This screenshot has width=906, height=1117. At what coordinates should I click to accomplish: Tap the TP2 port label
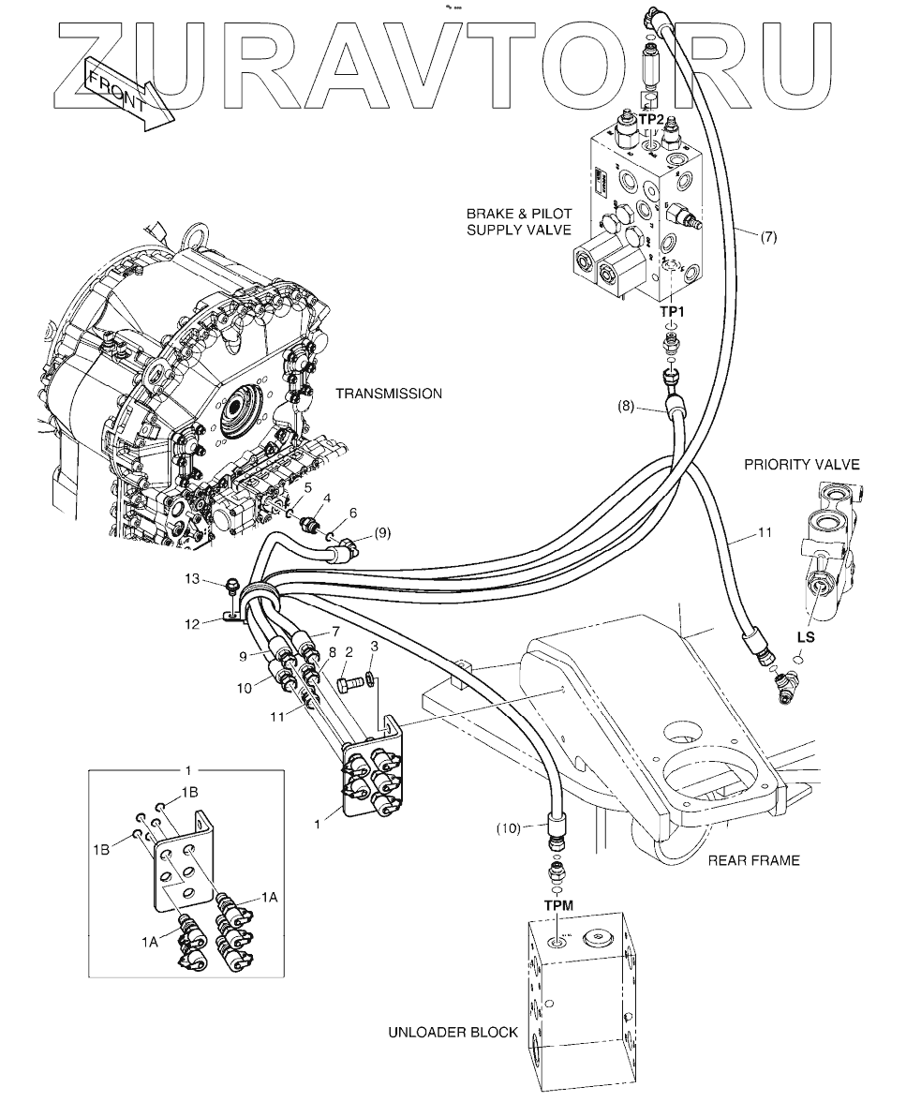(x=652, y=120)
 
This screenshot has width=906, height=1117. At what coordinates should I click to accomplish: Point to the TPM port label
(x=559, y=906)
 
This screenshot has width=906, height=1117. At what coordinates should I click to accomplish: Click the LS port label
(x=805, y=637)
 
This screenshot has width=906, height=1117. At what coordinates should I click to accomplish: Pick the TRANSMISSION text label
(x=389, y=394)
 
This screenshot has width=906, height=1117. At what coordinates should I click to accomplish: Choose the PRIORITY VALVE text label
(x=801, y=464)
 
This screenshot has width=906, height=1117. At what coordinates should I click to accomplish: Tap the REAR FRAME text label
(x=754, y=860)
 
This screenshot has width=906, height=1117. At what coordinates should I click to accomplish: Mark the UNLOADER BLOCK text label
(x=453, y=1033)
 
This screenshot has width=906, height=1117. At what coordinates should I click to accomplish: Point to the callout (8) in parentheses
(x=627, y=407)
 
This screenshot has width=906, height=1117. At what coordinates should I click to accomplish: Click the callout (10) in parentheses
(x=507, y=828)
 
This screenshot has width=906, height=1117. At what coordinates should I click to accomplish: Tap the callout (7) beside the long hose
(x=768, y=237)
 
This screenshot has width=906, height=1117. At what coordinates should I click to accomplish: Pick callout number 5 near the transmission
(x=307, y=487)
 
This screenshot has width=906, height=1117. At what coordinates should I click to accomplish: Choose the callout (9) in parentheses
(x=382, y=533)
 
